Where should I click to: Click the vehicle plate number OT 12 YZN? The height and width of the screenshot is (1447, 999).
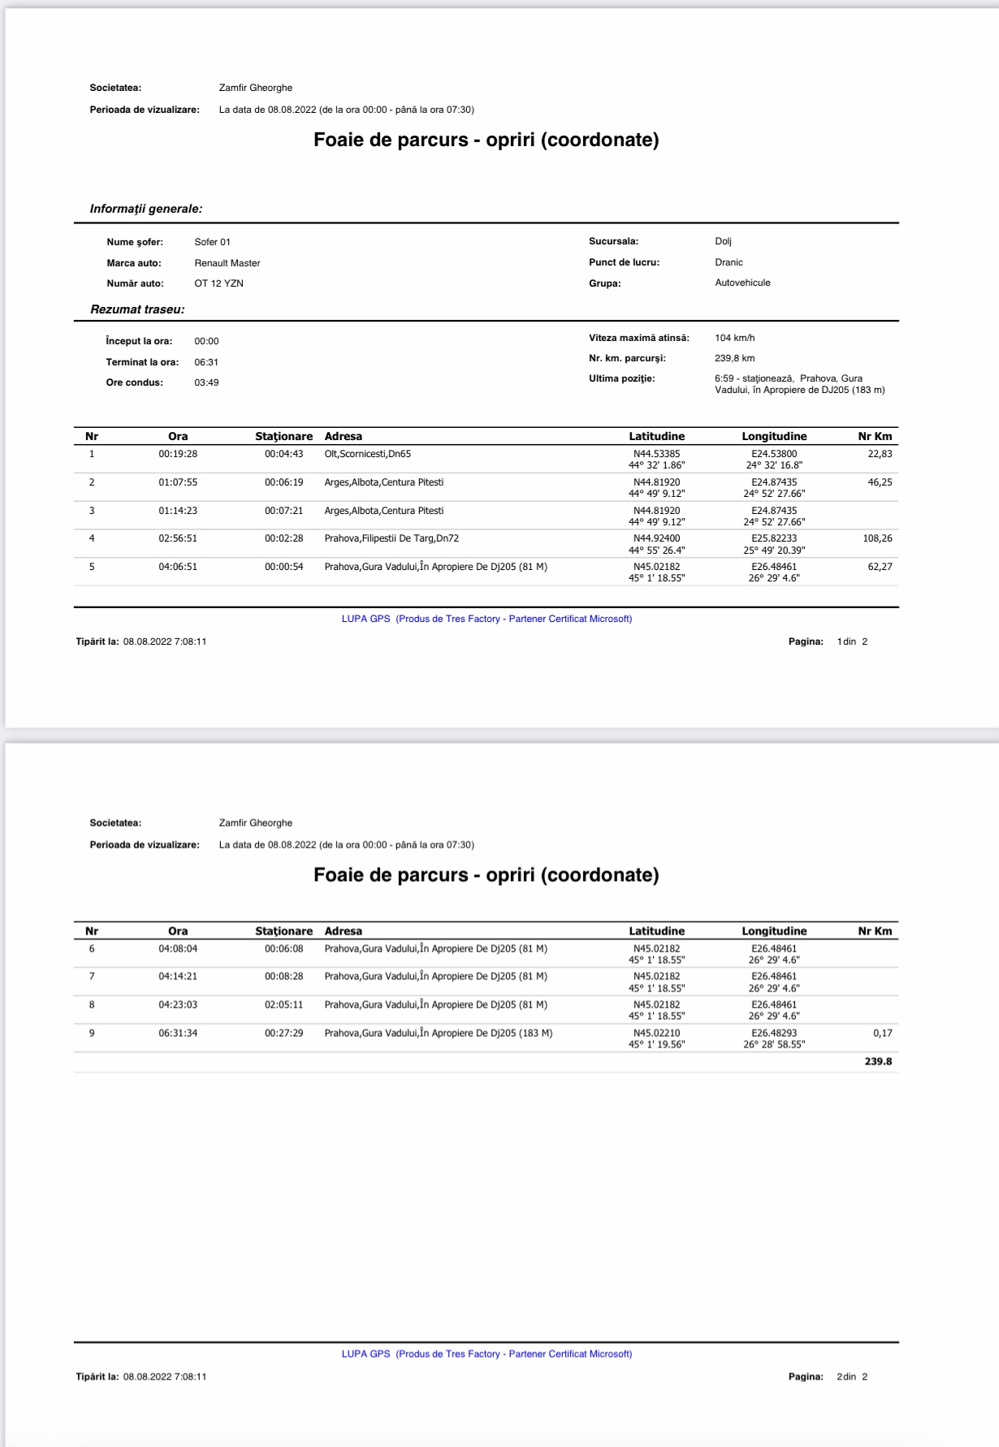point(218,283)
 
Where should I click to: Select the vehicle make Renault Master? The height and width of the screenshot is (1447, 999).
point(227,263)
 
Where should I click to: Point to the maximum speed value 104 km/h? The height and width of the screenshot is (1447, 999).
point(734,338)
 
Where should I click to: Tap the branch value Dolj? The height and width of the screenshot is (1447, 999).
point(723,241)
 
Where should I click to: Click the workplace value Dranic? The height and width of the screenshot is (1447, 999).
point(729,262)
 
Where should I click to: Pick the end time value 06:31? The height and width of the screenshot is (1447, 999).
point(206,362)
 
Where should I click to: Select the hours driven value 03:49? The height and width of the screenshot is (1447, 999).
point(206,382)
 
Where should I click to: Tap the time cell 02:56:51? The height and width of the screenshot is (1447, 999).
point(178,538)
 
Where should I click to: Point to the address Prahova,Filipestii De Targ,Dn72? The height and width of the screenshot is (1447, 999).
point(391,538)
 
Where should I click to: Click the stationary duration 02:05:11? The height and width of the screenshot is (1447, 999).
point(283,1004)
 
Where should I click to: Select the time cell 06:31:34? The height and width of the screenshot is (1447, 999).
point(178,1033)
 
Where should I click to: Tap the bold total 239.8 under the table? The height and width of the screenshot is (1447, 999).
point(878,1061)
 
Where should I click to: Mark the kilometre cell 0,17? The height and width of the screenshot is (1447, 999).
point(882,1033)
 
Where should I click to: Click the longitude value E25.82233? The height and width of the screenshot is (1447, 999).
point(774,538)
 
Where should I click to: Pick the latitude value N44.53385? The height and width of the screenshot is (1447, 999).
point(656,454)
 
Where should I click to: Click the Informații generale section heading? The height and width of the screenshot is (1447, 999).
point(146,209)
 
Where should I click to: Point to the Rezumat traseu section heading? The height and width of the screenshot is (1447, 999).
point(137,309)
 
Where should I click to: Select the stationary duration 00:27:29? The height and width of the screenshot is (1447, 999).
point(283,1033)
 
